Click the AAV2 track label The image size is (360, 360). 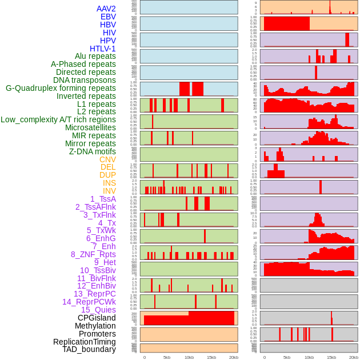coord(106,9)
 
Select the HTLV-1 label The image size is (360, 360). coord(103,49)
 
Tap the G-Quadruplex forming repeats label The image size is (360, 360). coord(61,89)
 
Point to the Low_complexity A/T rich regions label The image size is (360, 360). coord(58,119)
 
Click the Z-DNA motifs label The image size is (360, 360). coord(93,151)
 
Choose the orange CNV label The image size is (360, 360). coord(107,159)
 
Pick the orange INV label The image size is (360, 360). coord(109,191)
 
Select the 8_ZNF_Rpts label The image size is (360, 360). coord(93,254)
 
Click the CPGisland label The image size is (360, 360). coord(97,318)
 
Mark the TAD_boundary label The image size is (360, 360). coord(89,349)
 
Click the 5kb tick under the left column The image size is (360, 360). coord(167,357)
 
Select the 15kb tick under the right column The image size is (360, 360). coord(331,357)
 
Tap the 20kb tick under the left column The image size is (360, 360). coord(234,357)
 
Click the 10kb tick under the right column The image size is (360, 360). coord(309,357)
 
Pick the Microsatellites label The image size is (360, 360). coord(90,127)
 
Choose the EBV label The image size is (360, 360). coord(108,17)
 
